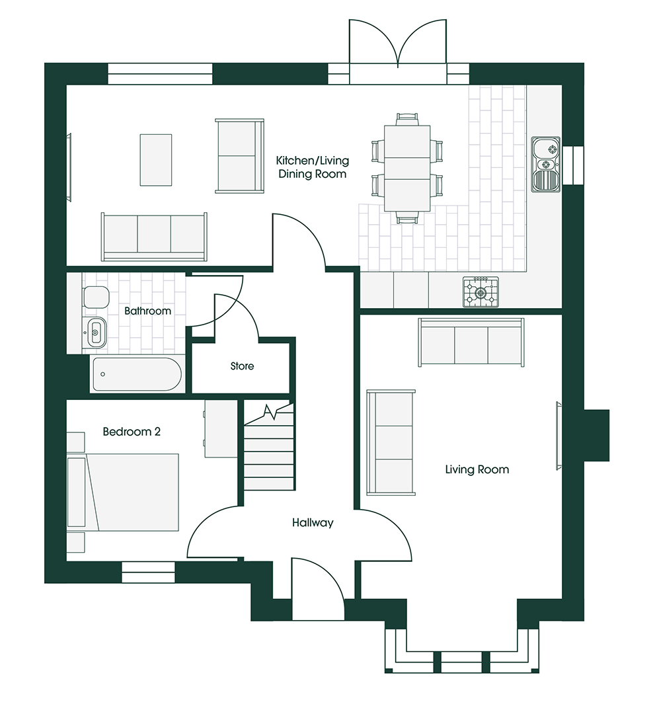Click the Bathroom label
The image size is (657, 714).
tap(147, 311)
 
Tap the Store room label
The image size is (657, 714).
tap(242, 366)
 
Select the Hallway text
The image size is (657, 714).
tap(313, 523)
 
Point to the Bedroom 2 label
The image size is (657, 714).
tap(132, 431)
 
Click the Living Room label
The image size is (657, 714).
tap(477, 469)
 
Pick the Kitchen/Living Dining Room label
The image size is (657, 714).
tap(313, 167)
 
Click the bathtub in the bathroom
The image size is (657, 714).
tap(137, 374)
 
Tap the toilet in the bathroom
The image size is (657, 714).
tap(96, 297)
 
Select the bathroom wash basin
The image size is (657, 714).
tap(95, 333)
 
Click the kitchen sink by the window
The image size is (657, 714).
tap(546, 164)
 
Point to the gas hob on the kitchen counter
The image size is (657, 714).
tap(481, 292)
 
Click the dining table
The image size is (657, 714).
tap(407, 169)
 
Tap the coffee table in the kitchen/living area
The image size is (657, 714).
tap(156, 160)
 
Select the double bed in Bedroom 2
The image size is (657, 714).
tap(123, 492)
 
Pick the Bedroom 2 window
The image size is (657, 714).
tap(148, 573)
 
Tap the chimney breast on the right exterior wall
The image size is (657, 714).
tap(596, 436)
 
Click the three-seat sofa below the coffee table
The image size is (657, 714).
tap(154, 236)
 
